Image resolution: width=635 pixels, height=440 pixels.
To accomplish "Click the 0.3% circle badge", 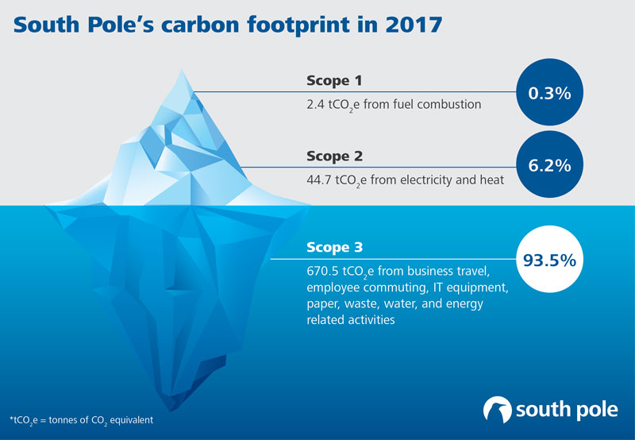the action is click(549, 92).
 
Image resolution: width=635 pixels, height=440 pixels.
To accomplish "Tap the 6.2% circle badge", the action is click(549, 164).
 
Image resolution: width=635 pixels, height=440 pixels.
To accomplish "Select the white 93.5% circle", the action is click(549, 259).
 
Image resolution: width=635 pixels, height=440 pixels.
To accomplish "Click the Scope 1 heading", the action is click(334, 80).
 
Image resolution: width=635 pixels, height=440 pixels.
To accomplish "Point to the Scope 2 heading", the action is click(334, 156).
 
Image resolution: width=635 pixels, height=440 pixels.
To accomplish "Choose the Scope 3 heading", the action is click(334, 247).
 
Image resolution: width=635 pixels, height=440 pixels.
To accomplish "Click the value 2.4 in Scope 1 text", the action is click(315, 104).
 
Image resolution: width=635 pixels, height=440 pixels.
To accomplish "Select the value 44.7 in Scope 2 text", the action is click(319, 179).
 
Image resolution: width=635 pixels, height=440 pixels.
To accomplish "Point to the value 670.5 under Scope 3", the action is click(323, 270).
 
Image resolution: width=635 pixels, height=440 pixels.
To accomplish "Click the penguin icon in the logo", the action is click(498, 409).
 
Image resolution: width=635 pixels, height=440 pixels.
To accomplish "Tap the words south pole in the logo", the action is click(567, 410).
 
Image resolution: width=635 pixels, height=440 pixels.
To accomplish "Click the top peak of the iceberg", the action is click(182, 71).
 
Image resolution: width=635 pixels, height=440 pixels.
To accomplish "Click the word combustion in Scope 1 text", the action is click(449, 104).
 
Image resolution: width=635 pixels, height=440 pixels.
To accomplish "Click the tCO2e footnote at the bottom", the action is click(82, 420).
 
